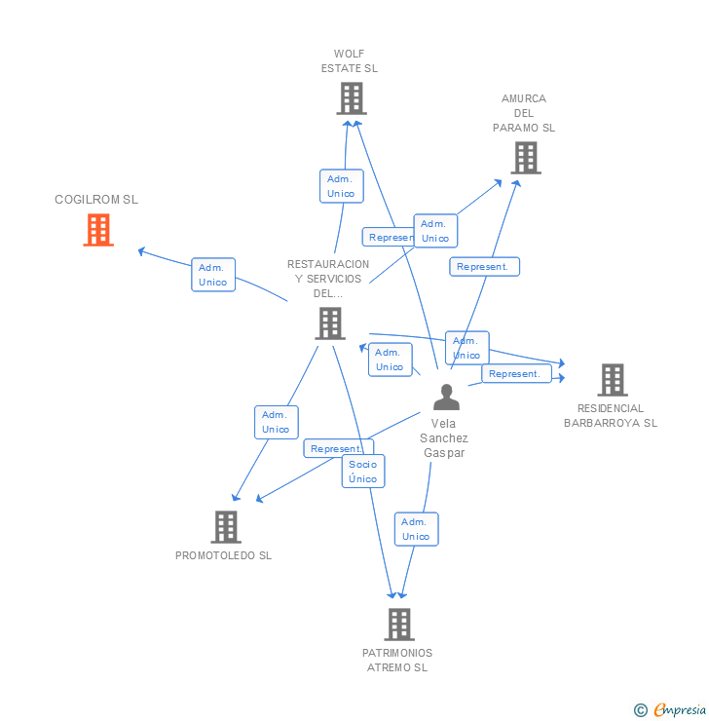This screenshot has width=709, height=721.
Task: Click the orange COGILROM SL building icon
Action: pos(98,230)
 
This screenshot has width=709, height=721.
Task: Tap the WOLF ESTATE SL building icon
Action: pos(351,98)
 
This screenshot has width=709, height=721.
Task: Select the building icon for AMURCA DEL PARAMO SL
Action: pos(525,158)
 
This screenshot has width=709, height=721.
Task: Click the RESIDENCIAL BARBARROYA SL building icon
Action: pos(612,380)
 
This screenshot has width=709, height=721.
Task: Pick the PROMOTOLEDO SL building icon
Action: pos(226,527)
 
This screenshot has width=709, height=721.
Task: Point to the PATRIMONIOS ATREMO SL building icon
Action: pos(398,625)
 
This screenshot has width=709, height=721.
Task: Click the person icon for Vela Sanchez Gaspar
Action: pos(446,397)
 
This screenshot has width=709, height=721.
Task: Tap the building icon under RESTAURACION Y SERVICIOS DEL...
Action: pos(330,323)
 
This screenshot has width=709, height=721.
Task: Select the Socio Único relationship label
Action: pos(363,472)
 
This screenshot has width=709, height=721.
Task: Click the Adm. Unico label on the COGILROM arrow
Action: pos(212,275)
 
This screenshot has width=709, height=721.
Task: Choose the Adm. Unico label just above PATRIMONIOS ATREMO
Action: pos(416,529)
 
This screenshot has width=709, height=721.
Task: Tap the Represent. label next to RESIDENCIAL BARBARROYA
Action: pos(516,374)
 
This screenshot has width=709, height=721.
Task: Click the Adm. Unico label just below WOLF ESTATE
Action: pos(341,186)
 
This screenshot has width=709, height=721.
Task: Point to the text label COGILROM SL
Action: pos(96,200)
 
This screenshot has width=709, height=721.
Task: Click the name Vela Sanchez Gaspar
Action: pos(444,438)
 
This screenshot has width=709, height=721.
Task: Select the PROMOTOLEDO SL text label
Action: pos(223,555)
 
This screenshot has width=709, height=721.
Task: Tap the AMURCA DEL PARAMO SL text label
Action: pos(524,113)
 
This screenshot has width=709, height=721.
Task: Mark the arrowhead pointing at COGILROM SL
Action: pos(141,251)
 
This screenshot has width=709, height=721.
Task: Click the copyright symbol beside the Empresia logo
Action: pos(641,710)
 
